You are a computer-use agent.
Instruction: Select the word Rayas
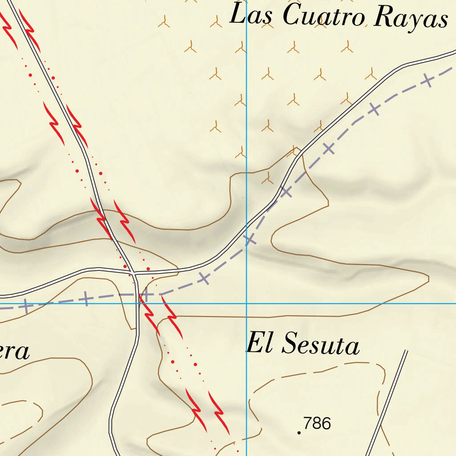tap(411, 18)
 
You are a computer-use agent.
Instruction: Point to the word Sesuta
tap(321, 343)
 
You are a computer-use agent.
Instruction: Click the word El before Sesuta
tap(260, 342)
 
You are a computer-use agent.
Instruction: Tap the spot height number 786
tap(317, 423)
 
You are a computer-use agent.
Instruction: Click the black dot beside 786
tap(299, 432)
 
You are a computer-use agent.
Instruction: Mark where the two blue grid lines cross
tap(247, 304)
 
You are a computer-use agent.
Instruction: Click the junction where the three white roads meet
tap(134, 272)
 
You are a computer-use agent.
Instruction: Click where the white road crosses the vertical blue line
tap(247, 225)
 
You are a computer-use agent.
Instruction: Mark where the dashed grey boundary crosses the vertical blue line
tap(247, 243)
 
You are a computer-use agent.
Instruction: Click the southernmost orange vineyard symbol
tap(268, 179)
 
